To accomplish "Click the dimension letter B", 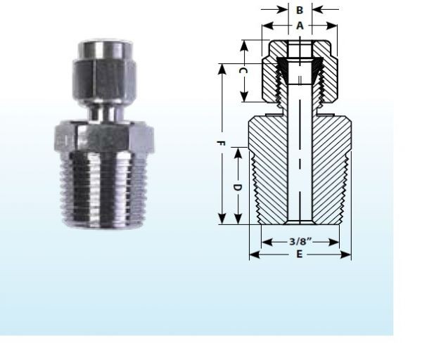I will [300, 11].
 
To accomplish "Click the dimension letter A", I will [300, 25].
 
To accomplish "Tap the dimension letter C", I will [241, 72].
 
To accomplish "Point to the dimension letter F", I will [221, 143].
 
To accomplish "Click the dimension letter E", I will [300, 255].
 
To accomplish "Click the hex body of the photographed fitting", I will [102, 138].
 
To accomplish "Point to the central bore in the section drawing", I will [300, 162].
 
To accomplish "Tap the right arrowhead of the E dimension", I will [347, 255].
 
